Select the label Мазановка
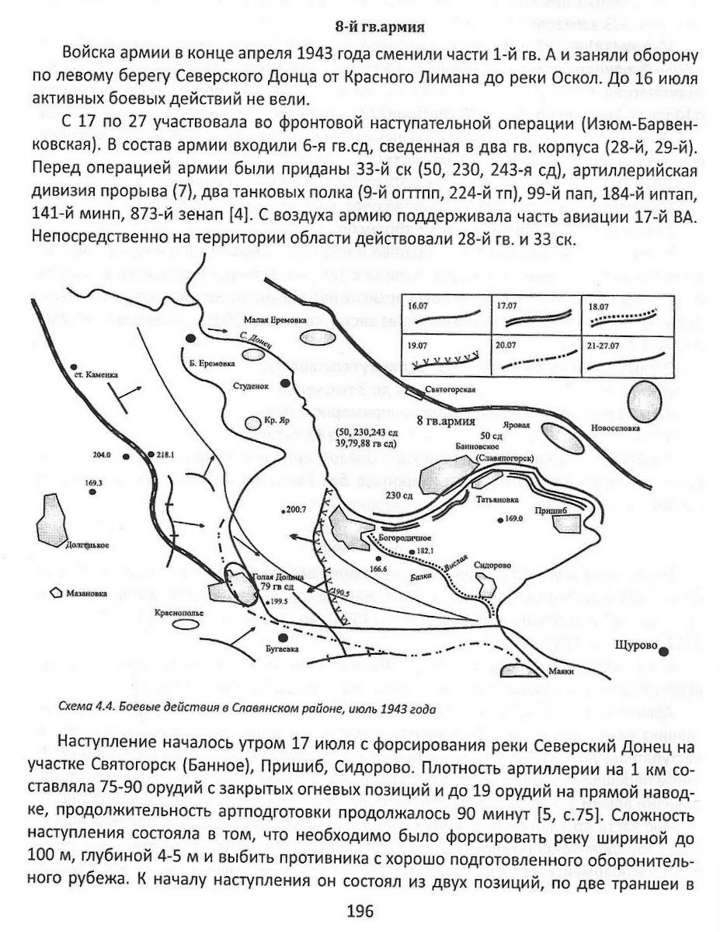coord(90,593)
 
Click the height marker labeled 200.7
coord(297,509)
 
